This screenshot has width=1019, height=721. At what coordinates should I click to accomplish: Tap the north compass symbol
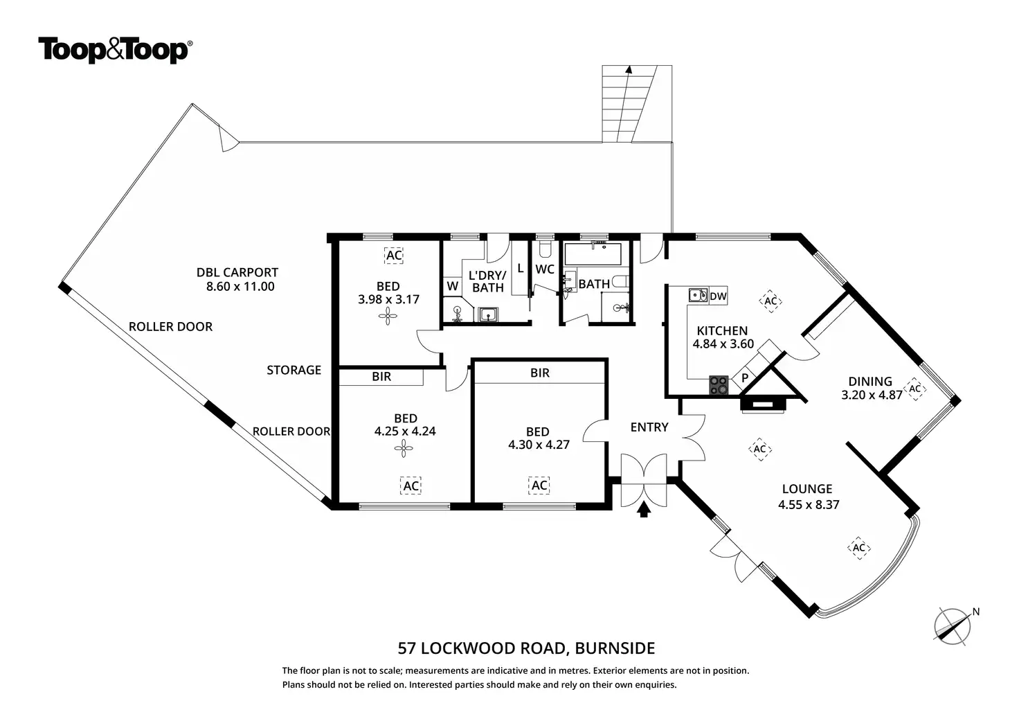tap(953, 625)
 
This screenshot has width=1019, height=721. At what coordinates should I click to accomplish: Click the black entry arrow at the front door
tap(644, 510)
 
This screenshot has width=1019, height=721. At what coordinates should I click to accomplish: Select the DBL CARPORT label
tap(237, 273)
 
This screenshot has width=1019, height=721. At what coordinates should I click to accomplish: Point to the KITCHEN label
tap(722, 330)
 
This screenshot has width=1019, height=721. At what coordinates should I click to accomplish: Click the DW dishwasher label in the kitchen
tap(719, 296)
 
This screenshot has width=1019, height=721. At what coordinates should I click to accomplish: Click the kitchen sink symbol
tap(698, 296)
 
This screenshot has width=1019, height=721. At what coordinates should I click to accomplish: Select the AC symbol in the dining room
tap(915, 389)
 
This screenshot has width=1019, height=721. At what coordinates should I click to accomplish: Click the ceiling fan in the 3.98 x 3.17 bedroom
tap(388, 317)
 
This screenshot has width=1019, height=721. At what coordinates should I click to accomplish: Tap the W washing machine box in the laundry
tap(453, 285)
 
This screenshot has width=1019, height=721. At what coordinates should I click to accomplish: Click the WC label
tap(545, 269)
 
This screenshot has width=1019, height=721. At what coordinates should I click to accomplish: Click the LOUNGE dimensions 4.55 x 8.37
tap(809, 505)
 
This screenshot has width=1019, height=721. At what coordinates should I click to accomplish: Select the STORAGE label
tap(294, 370)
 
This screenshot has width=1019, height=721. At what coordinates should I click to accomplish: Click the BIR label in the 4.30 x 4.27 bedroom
tap(540, 373)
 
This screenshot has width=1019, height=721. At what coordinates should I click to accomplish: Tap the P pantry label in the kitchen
tap(745, 379)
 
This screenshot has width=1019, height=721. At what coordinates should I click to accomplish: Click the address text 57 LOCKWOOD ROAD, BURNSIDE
tap(526, 648)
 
